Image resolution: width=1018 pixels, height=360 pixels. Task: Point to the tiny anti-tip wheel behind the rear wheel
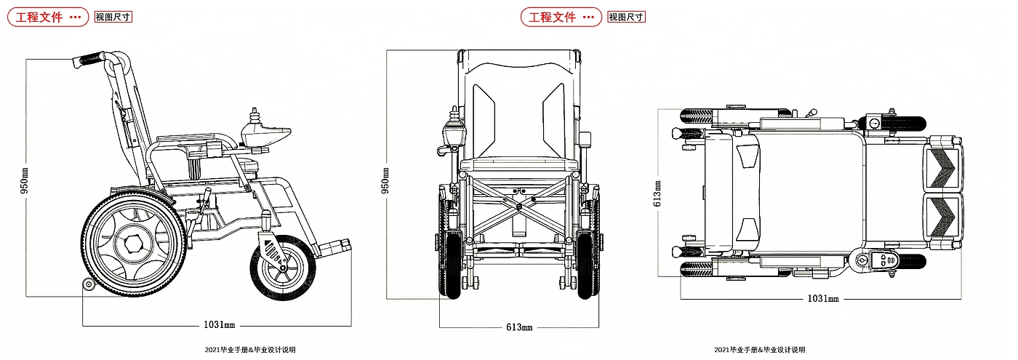point(89,284)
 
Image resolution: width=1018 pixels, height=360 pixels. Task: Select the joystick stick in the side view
point(255,116)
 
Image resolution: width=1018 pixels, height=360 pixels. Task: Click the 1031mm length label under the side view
point(218,325)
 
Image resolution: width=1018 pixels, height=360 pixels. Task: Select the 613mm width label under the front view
point(518,327)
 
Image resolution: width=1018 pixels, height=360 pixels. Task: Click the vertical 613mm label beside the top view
point(657,193)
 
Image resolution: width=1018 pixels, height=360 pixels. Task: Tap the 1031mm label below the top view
point(823,299)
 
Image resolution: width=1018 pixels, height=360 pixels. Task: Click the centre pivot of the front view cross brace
point(518,207)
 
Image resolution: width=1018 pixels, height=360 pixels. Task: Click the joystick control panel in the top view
point(879,260)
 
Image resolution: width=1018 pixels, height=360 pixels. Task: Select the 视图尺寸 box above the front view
point(626,17)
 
